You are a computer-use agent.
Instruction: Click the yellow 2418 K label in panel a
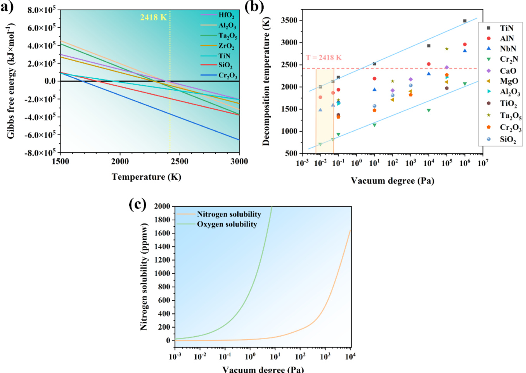point(153,17)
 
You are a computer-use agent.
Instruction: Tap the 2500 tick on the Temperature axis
point(180,162)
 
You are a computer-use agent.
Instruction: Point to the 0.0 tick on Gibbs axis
point(50,81)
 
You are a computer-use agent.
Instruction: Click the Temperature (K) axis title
point(146,177)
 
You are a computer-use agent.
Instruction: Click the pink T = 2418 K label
point(324,58)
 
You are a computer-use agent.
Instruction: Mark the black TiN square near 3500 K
point(465,21)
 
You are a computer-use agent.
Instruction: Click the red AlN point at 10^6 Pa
point(465,45)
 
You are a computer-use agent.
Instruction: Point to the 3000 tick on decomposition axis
point(289,43)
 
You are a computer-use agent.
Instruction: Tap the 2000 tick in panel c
point(162,206)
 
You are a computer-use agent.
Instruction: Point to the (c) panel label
point(137,204)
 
